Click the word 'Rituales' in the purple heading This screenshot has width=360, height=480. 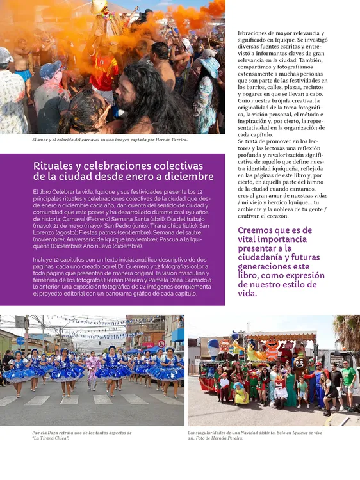(53, 166)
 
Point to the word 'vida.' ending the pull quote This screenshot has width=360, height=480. (247, 293)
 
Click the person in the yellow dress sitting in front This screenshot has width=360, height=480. (241, 392)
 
